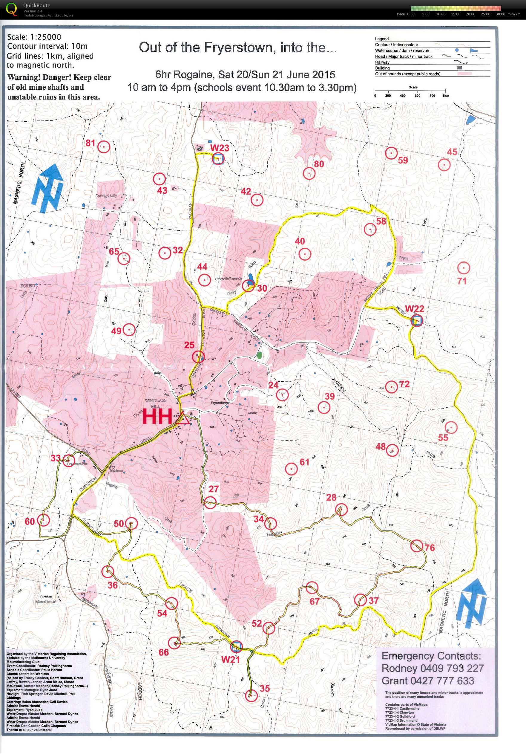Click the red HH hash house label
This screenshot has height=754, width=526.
[x=157, y=417]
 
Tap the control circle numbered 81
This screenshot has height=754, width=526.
[x=104, y=147]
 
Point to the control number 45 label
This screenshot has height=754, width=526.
[x=452, y=152]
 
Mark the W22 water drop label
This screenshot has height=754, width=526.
[x=415, y=309]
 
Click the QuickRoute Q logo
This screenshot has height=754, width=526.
[x=12, y=9]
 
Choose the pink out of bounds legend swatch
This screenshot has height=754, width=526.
[x=464, y=74]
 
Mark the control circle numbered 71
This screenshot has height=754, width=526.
[x=463, y=268]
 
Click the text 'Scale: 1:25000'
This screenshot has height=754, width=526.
[x=34, y=37]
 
